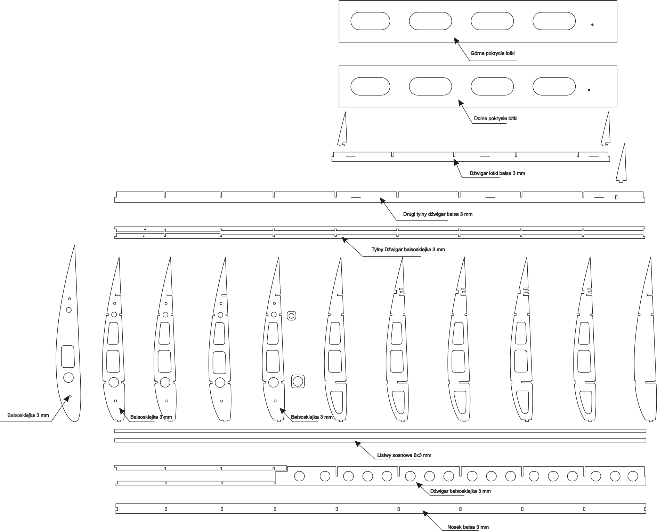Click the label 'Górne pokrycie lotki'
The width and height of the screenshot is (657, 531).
492,54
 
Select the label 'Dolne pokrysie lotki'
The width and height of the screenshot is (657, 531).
495,119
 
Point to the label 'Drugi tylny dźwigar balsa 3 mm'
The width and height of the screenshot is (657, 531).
438,214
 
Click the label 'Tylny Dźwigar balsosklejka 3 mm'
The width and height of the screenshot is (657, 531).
408,250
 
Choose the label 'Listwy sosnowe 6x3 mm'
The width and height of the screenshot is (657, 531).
404,455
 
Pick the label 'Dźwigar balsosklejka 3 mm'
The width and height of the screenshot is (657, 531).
460,491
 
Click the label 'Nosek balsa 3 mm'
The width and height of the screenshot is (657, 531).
468,527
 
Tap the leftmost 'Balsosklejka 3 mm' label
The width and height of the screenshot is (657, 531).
28,415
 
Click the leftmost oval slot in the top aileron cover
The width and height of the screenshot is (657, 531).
370,21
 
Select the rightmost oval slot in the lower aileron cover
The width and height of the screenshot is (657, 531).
554,86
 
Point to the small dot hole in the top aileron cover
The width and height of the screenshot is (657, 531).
592,25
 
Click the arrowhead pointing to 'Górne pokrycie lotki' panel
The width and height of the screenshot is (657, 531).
456,40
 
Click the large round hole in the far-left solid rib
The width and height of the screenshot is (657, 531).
68,378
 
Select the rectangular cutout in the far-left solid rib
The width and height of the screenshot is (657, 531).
68,357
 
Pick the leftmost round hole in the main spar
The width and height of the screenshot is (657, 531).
299,476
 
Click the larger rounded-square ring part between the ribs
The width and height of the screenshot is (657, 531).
298,382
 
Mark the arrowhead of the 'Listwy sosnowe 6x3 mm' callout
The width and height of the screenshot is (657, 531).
357,443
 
